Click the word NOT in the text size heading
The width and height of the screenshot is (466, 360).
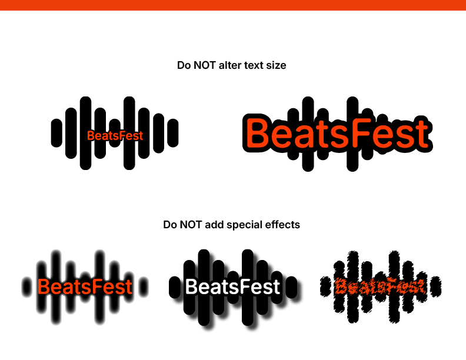205,65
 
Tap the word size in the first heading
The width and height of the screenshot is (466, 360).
276,65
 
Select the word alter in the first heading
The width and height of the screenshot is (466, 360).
228,65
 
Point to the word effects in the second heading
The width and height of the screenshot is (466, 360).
282,225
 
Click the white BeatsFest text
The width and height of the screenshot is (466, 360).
232,286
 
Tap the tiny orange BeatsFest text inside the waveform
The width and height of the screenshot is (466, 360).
115,136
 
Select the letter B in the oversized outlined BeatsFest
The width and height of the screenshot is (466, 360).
257,132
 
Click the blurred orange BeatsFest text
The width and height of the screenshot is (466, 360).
85,286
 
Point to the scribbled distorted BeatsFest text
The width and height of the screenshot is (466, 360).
380,286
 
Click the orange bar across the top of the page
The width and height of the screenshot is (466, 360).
233,5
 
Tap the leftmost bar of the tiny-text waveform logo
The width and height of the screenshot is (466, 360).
56,133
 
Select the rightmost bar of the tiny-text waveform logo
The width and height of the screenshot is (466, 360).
173,133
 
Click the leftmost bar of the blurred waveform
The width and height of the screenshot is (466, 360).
26,287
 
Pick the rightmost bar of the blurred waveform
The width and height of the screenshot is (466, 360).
144,287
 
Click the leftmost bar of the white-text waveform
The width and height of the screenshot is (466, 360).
174,287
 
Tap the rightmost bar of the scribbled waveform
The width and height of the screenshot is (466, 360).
435,286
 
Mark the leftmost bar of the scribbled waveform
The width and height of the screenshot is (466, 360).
325,286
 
